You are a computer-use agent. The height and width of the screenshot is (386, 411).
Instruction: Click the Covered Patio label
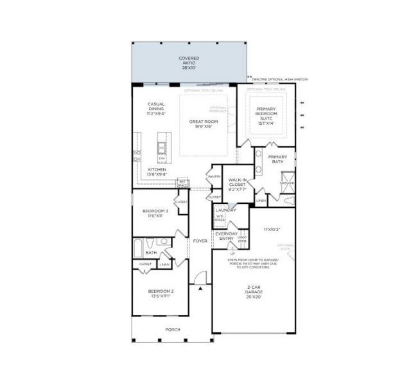[x=189, y=62]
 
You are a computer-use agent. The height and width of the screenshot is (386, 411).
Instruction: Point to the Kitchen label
[x=157, y=172]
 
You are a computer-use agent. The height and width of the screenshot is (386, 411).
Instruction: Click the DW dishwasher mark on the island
[x=162, y=158]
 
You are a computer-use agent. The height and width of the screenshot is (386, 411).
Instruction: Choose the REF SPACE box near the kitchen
[x=183, y=183]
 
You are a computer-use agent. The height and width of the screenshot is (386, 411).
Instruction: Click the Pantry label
[x=214, y=177]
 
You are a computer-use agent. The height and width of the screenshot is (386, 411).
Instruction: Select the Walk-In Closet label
[x=238, y=185]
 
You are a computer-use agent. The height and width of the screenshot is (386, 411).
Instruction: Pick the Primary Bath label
[x=278, y=159]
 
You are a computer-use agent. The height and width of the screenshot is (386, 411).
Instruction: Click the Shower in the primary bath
[x=286, y=183]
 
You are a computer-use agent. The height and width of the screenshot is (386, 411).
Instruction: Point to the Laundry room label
[x=226, y=210]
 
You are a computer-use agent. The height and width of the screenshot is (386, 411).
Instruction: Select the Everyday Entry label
[x=227, y=236]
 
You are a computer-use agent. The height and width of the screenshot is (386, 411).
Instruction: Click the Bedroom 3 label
[x=155, y=212]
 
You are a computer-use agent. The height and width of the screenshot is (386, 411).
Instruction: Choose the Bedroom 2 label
[x=157, y=293]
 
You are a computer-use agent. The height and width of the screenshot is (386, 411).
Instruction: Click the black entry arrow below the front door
[x=200, y=289]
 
